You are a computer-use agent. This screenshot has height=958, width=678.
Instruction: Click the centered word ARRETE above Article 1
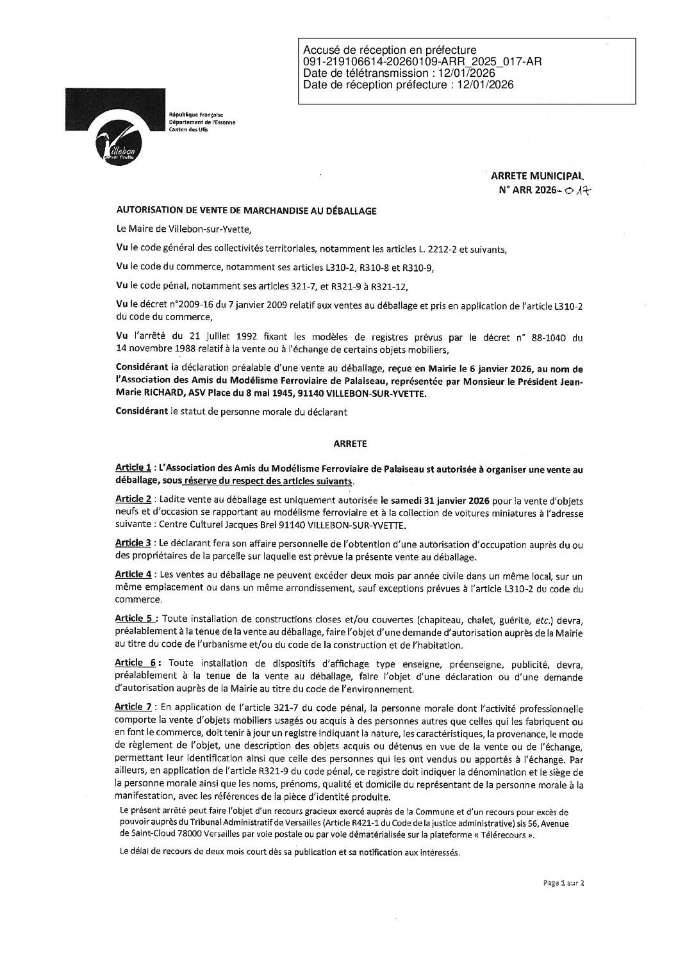[x=349, y=442]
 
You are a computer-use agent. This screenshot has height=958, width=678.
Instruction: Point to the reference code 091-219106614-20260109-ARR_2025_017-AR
[x=423, y=61]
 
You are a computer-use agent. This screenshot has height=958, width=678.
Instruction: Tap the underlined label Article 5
[x=133, y=619]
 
